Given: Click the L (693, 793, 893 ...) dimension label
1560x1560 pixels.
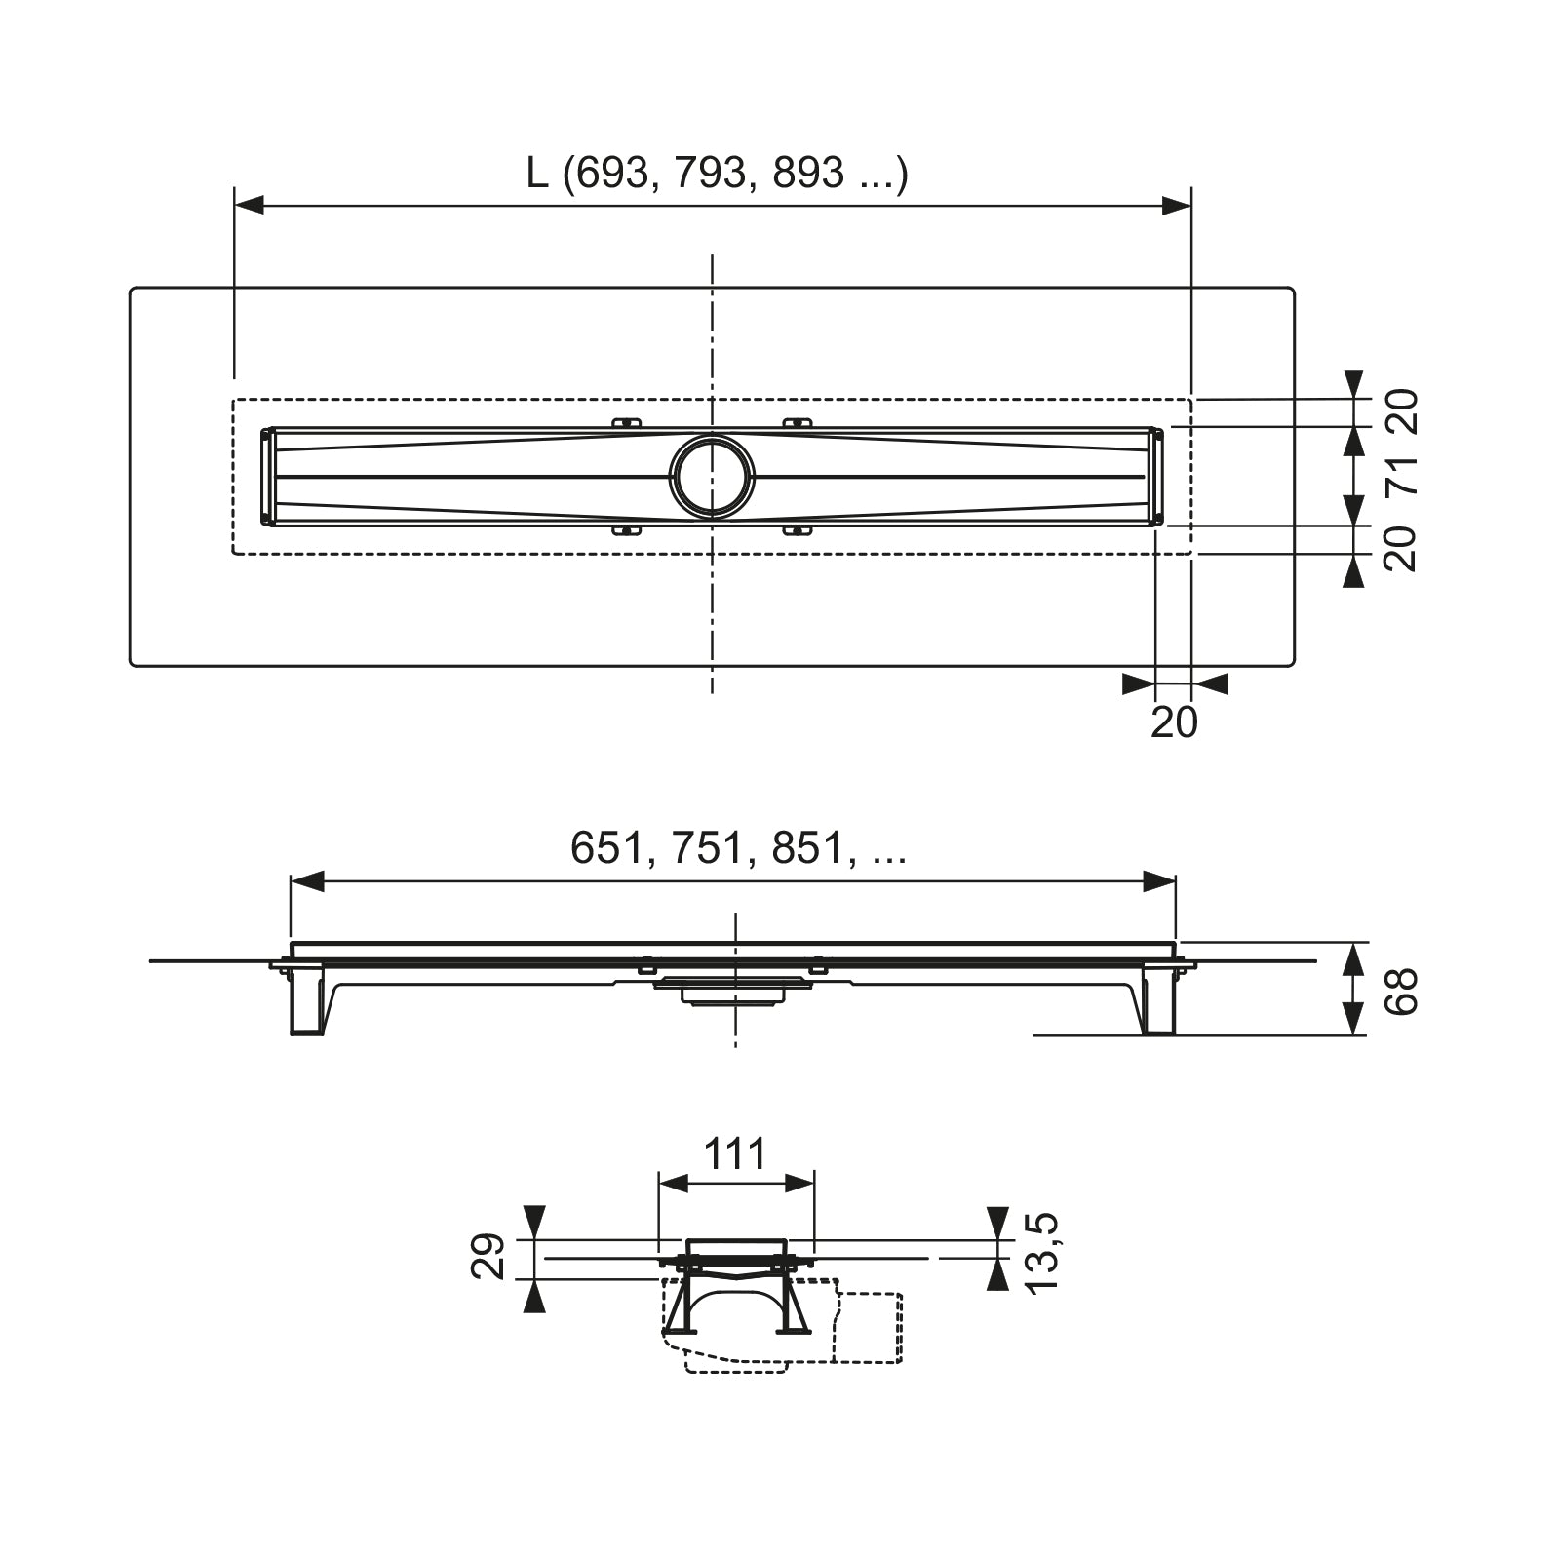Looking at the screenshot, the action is tap(718, 174).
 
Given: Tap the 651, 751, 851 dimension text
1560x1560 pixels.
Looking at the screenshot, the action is tap(738, 848).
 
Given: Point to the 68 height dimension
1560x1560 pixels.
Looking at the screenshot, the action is tap(1401, 992).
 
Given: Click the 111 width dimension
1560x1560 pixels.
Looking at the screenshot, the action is tap(735, 1154).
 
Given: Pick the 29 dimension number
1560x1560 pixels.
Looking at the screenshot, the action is tap(488, 1257).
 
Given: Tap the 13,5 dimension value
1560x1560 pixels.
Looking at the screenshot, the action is tap(1042, 1253).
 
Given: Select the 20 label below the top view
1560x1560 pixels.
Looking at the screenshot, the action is tap(1174, 722).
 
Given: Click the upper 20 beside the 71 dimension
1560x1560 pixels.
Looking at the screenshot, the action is tap(1401, 411).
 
